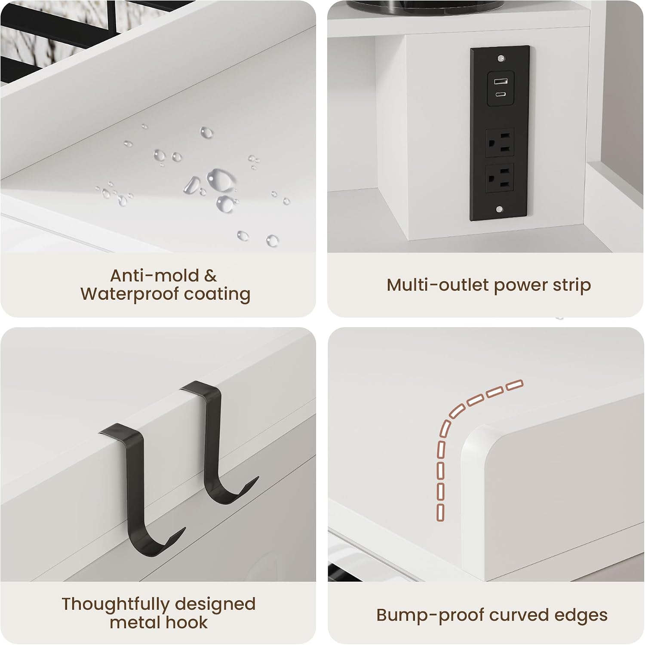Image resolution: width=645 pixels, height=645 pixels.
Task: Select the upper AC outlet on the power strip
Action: [500, 142]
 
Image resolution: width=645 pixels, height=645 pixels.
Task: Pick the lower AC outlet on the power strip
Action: [500, 178]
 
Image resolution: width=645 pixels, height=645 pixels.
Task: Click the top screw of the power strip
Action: [500, 58]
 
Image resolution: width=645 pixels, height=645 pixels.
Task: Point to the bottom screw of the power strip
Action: [499, 209]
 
